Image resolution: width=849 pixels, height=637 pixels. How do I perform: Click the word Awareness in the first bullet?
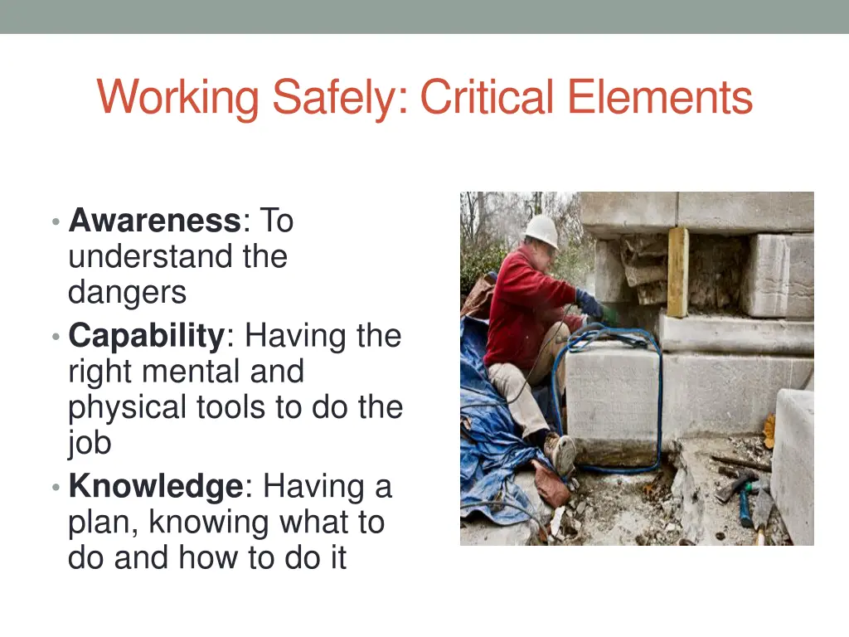click(x=154, y=221)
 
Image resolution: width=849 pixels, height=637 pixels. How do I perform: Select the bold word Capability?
click(x=146, y=336)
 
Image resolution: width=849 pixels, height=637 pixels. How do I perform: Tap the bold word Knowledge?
click(x=155, y=486)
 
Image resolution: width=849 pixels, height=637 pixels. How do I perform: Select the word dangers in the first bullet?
click(x=127, y=292)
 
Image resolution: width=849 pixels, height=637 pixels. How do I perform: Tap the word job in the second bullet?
click(x=90, y=443)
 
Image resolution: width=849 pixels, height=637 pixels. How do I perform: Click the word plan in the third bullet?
click(x=99, y=523)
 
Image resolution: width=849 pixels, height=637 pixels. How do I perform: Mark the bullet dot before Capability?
click(x=55, y=337)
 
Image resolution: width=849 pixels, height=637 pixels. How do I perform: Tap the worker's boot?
click(x=560, y=452)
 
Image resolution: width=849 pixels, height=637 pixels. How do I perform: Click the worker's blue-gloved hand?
click(x=591, y=304)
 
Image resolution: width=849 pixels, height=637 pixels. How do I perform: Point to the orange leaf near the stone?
click(x=769, y=431)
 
